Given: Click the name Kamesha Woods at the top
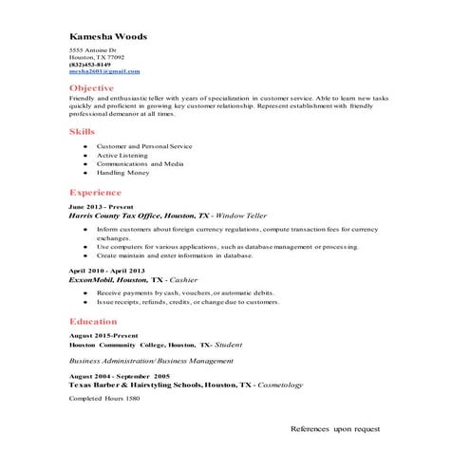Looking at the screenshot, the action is coord(108,36).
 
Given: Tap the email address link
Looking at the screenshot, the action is coord(104,71).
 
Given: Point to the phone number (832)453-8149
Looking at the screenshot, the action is coord(90,65).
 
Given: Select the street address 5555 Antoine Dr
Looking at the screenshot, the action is coord(92,50).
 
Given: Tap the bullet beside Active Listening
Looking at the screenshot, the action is coord(85,156).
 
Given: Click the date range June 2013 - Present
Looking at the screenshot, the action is coord(101,206).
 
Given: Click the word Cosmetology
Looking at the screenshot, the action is coord(280,385).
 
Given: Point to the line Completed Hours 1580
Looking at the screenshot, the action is coord(104,398).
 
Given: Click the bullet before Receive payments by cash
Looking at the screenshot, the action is coord(85,293).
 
